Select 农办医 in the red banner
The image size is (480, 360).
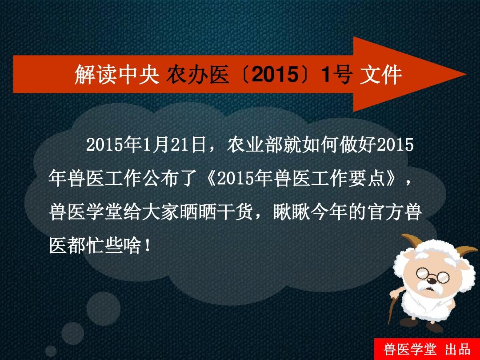198,74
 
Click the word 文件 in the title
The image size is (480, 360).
381,74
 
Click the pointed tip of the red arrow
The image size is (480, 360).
465,74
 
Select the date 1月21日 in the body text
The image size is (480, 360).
174,144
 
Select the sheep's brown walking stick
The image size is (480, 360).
394,306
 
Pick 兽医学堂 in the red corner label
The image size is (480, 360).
410,349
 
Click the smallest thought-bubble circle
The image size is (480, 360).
51,351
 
